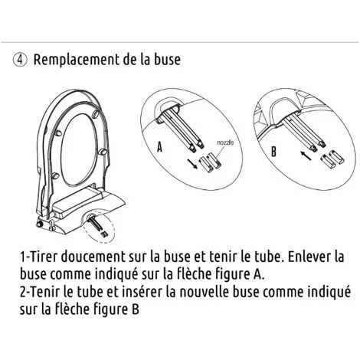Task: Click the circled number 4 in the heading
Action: pos(20,61)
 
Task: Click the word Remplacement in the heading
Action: pos(77,60)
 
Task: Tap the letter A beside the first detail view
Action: pos(159,147)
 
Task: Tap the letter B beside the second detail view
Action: pos(273,152)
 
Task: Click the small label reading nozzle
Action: pos(225,142)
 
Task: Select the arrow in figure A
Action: pos(192,164)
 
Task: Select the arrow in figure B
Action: pos(306,155)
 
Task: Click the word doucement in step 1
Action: pos(93,257)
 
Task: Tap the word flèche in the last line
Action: pos(72,309)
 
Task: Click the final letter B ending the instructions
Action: pos(136,309)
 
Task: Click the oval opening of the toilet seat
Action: pos(79,150)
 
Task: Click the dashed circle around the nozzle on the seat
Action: pos(98,225)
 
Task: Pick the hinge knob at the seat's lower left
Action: pos(40,224)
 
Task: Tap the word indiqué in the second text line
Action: pos(117,274)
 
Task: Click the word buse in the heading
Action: pos(168,60)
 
